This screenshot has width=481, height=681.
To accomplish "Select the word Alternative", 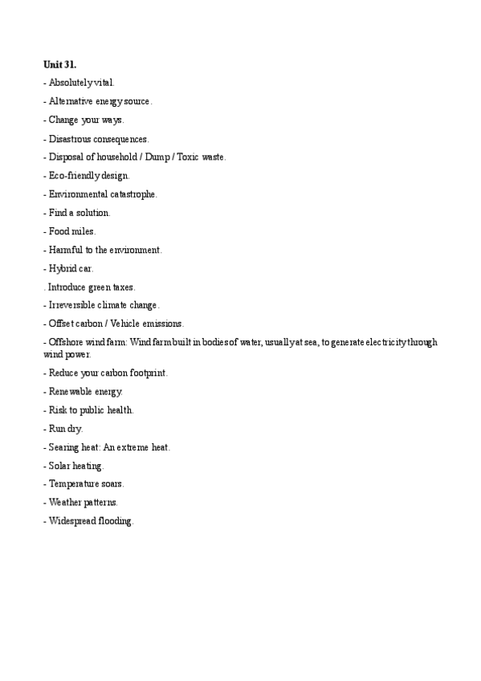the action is click(x=71, y=101).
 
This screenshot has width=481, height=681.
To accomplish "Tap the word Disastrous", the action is click(x=70, y=139).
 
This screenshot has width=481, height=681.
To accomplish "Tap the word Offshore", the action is click(x=67, y=343).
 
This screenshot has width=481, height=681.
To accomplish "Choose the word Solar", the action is click(x=60, y=466).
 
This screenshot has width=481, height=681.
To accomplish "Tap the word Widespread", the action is click(x=72, y=521).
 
